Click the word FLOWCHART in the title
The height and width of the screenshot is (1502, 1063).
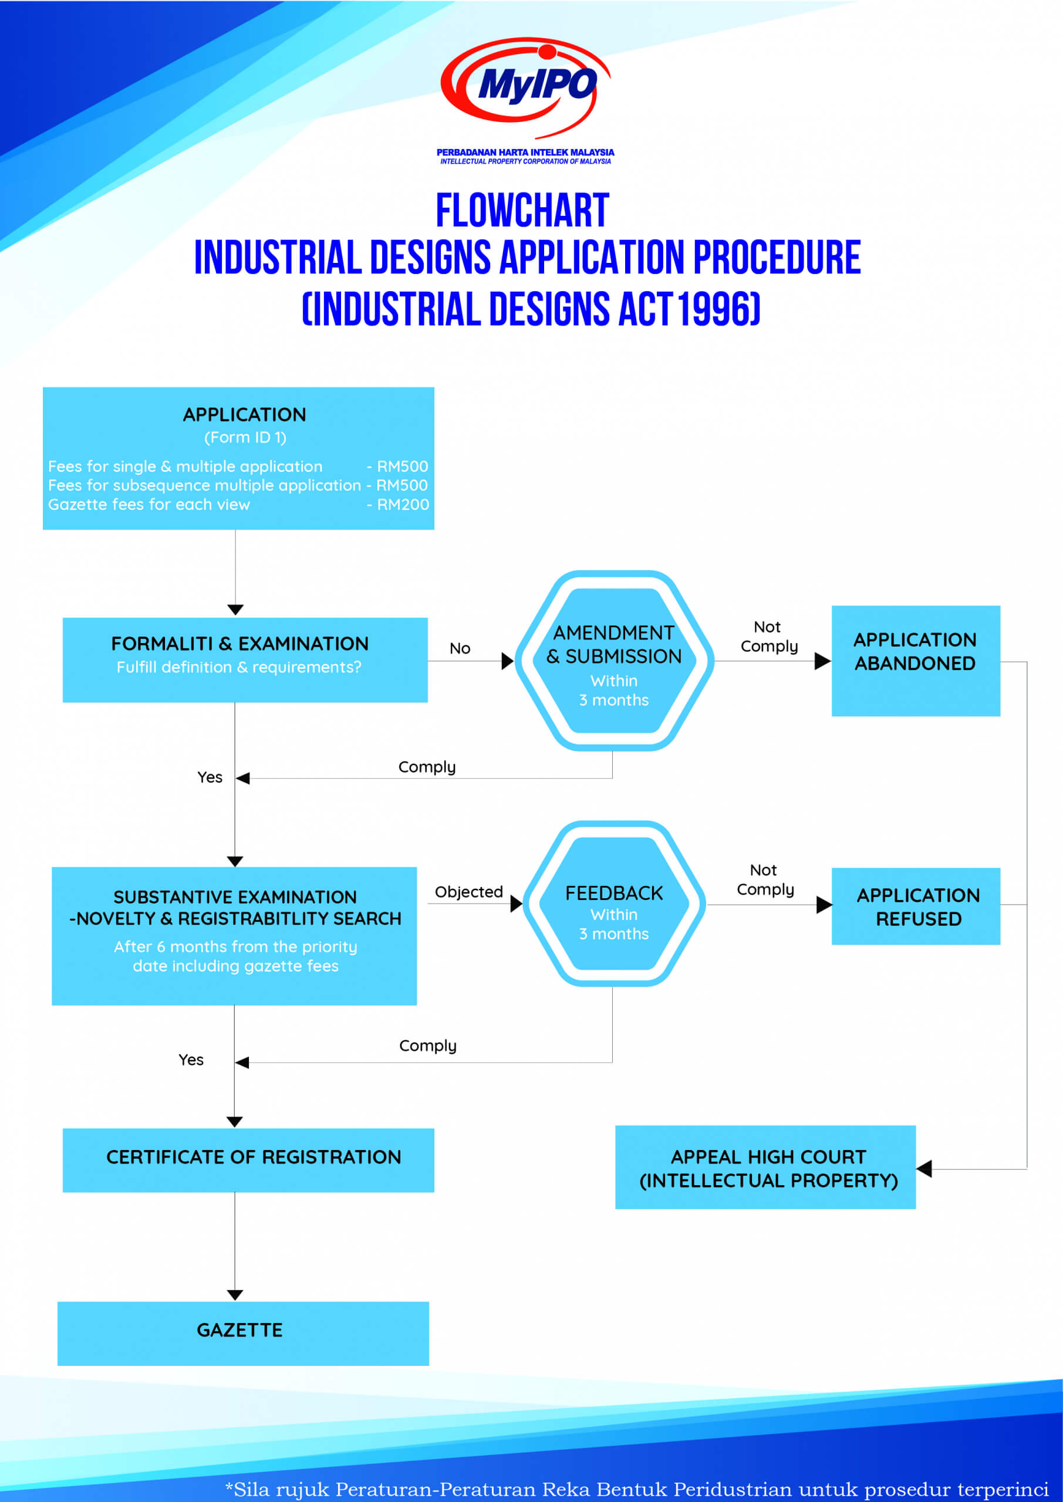(522, 211)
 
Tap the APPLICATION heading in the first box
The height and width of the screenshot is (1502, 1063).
(244, 415)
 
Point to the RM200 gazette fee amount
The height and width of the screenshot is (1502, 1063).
(403, 505)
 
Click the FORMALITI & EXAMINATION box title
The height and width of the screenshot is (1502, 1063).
(239, 644)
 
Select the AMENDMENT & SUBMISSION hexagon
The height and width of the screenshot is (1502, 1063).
(614, 661)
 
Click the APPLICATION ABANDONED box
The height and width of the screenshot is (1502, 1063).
(916, 661)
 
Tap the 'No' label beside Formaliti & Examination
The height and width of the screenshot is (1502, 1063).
(460, 648)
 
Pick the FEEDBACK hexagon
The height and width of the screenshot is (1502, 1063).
(614, 904)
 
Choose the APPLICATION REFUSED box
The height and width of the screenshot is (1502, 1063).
(916, 906)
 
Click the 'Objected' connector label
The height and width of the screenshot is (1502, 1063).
(468, 892)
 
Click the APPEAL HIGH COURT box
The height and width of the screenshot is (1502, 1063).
(765, 1167)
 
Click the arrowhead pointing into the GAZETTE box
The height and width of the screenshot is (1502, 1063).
(235, 1295)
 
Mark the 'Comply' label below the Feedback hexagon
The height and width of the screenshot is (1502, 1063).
(427, 1046)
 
